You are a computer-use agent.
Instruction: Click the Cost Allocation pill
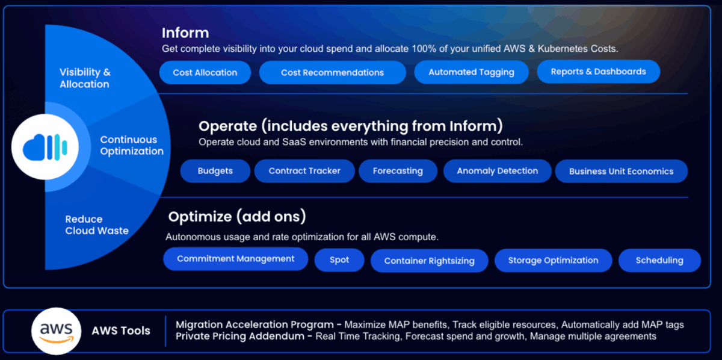205,73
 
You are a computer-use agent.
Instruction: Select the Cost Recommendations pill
332,73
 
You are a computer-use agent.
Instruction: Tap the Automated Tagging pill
471,72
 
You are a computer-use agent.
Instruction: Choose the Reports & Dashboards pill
598,72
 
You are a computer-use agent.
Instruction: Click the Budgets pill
215,171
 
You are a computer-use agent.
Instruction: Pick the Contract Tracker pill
304,171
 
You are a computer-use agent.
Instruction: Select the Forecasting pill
398,171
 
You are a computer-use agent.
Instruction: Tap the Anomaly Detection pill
498,171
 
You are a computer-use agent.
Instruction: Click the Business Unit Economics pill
621,172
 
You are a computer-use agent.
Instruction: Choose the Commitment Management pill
236,259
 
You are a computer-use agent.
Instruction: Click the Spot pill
339,260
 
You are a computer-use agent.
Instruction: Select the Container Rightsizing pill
430,261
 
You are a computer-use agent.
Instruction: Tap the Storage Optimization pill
553,260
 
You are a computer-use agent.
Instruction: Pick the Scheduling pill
659,260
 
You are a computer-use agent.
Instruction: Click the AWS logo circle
57,331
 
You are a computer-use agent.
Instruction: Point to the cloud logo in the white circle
45,147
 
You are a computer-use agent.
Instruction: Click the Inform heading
185,33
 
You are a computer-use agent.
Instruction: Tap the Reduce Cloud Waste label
97,225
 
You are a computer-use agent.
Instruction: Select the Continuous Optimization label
132,146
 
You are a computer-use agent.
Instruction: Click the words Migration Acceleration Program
255,324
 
